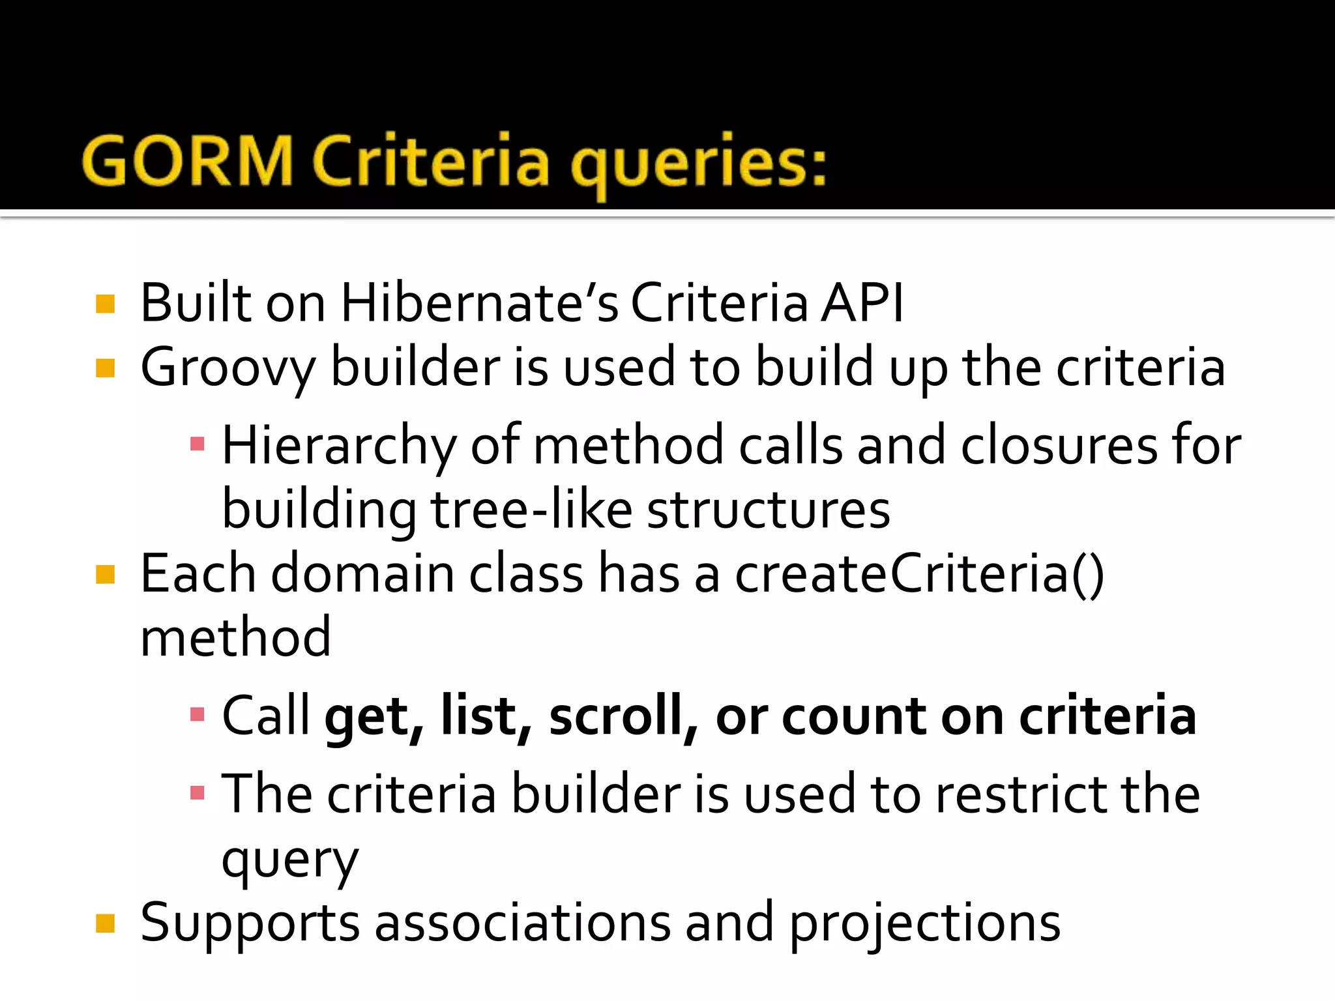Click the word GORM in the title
point(188,161)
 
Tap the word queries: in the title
point(698,163)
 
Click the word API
point(862,303)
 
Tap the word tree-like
point(531,510)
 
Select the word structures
point(769,510)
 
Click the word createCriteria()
point(920,574)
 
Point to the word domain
point(362,574)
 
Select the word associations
point(523,923)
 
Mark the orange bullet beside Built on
point(105,304)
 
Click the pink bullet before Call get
point(198,715)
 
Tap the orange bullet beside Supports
point(105,923)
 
